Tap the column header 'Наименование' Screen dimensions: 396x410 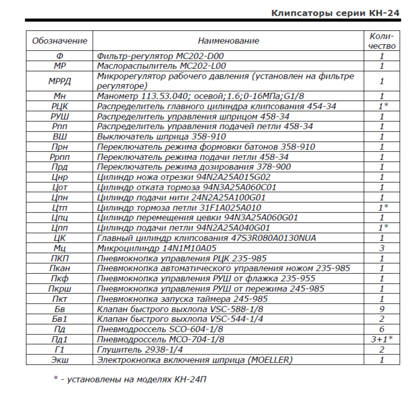(x=229, y=40)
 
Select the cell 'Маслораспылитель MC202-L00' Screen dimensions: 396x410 (x=161, y=66)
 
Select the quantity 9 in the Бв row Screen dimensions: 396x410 (x=382, y=309)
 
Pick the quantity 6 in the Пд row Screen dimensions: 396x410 (x=382, y=329)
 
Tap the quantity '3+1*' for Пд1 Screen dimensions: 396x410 (x=382, y=339)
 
